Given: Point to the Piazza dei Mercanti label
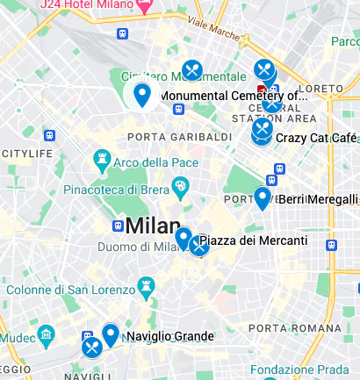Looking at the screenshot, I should pyautogui.click(x=254, y=240).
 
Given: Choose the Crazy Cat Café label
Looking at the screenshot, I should pyautogui.click(x=316, y=138).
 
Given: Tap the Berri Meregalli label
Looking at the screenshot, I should pyautogui.click(x=318, y=199).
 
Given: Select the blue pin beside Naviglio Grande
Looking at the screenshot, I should pyautogui.click(x=110, y=334).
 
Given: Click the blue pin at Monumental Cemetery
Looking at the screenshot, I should pyautogui.click(x=141, y=93).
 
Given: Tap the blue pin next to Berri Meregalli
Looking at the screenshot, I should pyautogui.click(x=262, y=197).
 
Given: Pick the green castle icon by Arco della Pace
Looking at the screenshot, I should pyautogui.click(x=101, y=161).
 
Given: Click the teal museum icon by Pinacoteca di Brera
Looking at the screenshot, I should pyautogui.click(x=180, y=186).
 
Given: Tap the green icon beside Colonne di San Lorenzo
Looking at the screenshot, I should pyautogui.click(x=143, y=286).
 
